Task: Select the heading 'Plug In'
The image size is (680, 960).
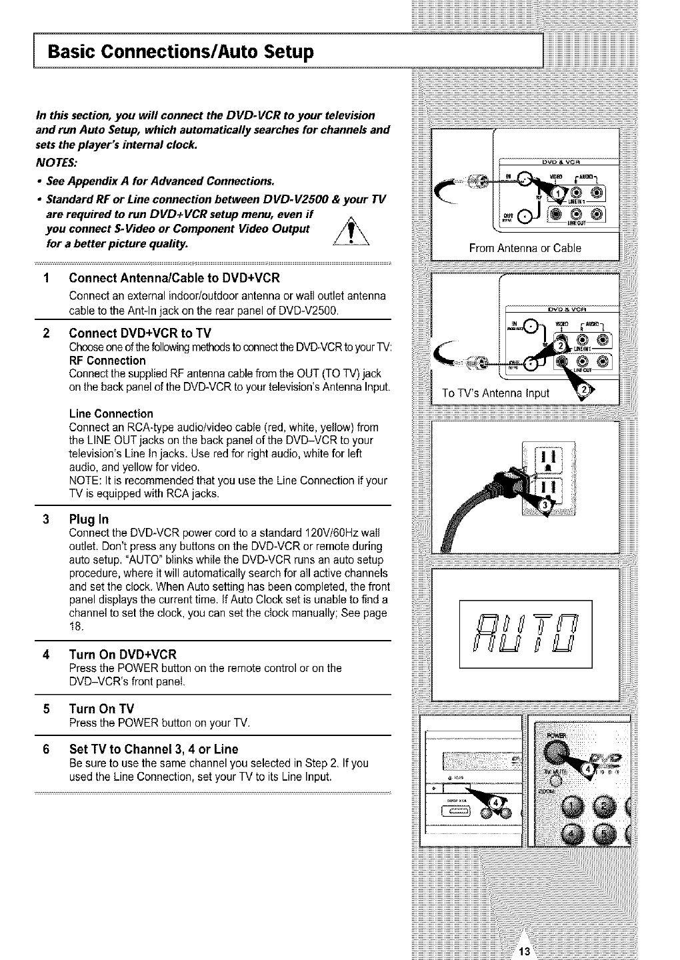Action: point(89,519)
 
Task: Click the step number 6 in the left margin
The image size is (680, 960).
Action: point(46,749)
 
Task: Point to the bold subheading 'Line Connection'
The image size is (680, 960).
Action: point(111,413)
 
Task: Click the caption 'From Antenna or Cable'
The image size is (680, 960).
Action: point(525,248)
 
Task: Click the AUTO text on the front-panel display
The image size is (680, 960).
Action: point(526,634)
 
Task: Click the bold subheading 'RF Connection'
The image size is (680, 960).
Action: point(107,361)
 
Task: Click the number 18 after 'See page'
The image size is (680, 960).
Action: point(75,626)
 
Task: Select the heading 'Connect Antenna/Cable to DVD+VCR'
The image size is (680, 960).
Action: point(174,278)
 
